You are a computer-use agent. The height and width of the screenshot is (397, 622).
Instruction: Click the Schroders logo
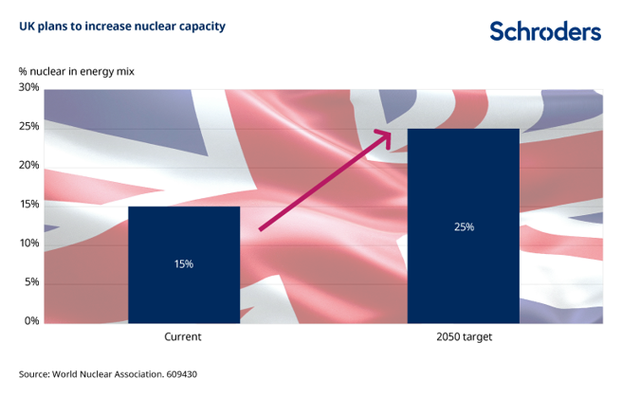(544, 31)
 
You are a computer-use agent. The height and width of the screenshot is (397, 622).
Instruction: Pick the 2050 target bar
(463, 226)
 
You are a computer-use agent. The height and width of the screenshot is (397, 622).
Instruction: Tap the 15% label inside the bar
(184, 263)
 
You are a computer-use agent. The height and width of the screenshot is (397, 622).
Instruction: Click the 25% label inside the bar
(463, 227)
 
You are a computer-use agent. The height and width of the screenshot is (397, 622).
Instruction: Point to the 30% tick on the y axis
(28, 88)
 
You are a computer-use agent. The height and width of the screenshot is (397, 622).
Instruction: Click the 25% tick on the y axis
(28, 127)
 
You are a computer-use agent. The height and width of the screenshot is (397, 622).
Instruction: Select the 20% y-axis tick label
(28, 166)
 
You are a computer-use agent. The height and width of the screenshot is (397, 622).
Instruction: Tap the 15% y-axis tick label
(28, 205)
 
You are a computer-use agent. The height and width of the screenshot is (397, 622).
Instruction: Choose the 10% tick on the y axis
(28, 244)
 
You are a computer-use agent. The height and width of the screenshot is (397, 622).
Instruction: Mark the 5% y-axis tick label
(31, 282)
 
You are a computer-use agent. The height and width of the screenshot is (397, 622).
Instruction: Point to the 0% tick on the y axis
(31, 321)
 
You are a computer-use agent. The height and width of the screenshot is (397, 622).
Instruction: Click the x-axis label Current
(184, 337)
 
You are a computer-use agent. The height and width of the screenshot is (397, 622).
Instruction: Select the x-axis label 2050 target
(463, 337)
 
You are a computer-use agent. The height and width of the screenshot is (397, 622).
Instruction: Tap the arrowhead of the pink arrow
(385, 135)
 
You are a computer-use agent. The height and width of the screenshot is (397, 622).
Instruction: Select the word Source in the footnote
(34, 374)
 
